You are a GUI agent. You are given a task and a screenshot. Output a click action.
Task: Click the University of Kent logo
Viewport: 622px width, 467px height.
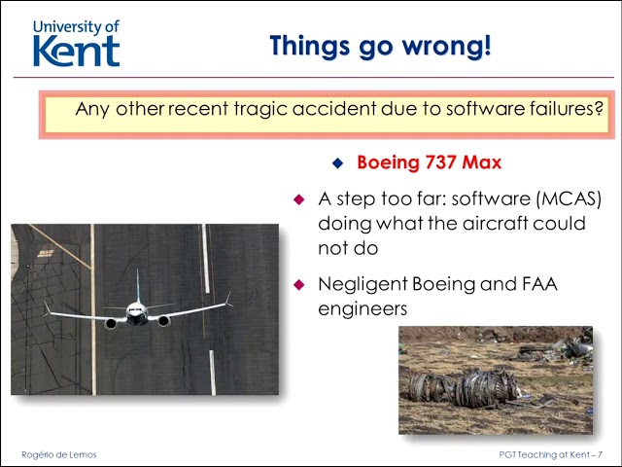76,43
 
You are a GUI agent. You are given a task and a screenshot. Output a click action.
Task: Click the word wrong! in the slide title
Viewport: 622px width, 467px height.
447,47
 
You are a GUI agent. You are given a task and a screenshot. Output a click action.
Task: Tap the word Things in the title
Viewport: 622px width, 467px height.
309,47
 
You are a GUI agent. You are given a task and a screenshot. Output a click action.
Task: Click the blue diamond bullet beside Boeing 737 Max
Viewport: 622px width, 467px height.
337,162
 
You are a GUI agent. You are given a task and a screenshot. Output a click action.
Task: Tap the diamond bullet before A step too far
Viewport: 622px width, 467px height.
299,198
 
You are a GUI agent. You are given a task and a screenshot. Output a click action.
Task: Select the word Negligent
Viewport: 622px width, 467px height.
363,285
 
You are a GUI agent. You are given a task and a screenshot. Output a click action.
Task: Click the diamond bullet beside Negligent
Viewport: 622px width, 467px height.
299,284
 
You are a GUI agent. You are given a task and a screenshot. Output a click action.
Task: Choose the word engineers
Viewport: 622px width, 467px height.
363,309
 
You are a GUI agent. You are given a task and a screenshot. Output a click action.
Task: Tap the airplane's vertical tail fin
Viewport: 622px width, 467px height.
138,285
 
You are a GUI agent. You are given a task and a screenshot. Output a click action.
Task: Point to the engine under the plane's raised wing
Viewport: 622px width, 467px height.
164,321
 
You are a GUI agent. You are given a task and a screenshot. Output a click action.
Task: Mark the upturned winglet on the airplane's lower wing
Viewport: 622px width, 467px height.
47,307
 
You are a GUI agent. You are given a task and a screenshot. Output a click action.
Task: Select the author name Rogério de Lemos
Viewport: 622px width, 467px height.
59,454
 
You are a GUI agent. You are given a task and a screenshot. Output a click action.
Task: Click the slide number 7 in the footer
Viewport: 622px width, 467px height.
600,454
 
